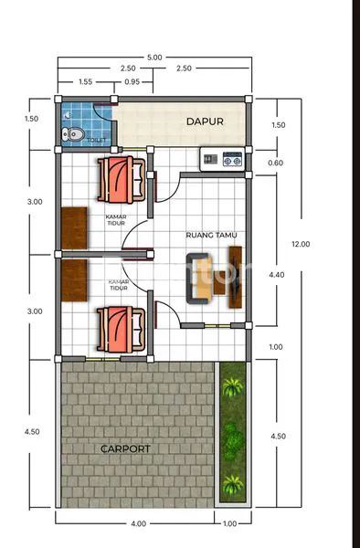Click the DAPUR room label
tap(205, 121)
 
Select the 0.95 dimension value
tap(132, 82)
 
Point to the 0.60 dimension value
tap(275, 163)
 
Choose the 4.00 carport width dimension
tap(138, 523)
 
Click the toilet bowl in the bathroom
tap(73, 135)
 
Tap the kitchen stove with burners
tap(223, 161)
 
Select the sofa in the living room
tap(198, 278)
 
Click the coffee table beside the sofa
tap(219, 276)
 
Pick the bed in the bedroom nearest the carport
tap(120, 329)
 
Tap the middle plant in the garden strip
tap(233, 440)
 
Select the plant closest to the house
tap(233, 385)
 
